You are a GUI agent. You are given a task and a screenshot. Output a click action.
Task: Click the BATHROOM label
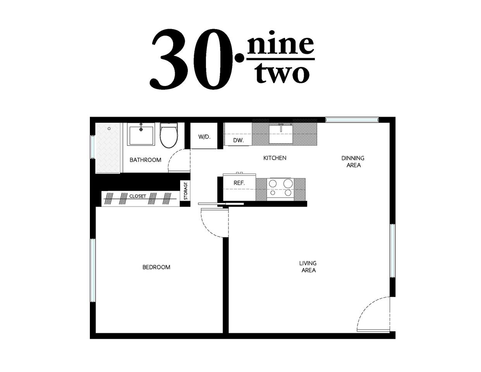coord(145,160)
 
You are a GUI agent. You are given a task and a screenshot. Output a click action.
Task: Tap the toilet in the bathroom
coord(169,136)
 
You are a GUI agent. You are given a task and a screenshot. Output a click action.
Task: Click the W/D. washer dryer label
coord(204,137)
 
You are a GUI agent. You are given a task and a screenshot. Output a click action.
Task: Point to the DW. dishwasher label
coord(239,140)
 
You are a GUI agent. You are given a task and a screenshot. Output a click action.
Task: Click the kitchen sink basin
coord(281,134)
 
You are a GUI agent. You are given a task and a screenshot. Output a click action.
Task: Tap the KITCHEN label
coord(275,158)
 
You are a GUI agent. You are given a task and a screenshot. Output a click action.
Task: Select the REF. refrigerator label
coord(239,183)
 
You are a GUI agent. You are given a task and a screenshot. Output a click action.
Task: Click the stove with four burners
coord(280,189)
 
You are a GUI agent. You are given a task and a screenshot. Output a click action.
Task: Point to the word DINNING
coord(352,158)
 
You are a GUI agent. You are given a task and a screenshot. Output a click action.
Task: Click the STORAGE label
coord(186,191)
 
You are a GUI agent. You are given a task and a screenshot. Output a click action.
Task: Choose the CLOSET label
coord(137,196)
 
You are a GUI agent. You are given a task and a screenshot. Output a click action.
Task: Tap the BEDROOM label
coord(156,267)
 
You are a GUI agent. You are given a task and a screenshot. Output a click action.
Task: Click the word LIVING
coord(307,263)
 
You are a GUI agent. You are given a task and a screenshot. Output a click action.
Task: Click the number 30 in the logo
coord(191,59)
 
